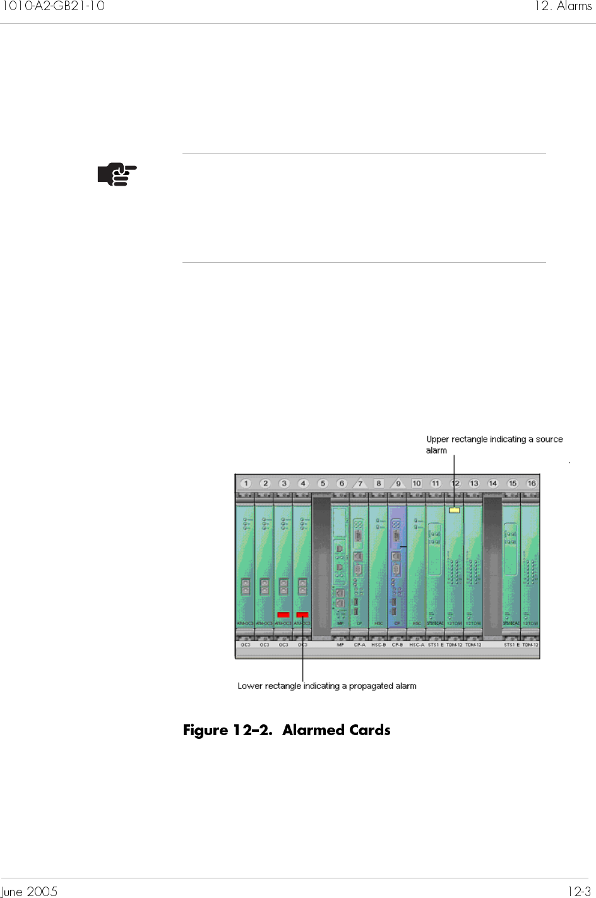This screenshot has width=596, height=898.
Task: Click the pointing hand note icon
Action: click(x=117, y=174)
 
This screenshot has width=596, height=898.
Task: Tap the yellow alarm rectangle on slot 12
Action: click(x=454, y=510)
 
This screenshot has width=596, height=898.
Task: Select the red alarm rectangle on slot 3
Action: click(x=283, y=614)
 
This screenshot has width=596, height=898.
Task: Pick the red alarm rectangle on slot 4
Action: click(x=302, y=614)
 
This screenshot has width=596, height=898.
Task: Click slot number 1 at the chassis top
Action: click(x=246, y=484)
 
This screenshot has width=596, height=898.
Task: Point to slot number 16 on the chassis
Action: click(x=532, y=484)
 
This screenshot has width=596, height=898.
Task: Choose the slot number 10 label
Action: click(x=417, y=484)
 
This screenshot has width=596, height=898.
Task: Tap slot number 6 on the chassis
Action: click(x=342, y=484)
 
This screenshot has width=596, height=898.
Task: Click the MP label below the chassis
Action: click(x=340, y=645)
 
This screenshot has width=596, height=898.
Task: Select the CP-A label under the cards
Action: click(x=359, y=645)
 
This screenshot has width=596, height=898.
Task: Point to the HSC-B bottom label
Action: click(x=378, y=645)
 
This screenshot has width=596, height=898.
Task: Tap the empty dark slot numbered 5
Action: click(x=322, y=565)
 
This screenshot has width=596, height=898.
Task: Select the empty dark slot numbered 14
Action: click(x=492, y=565)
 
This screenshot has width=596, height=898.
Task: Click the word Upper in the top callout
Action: click(x=438, y=440)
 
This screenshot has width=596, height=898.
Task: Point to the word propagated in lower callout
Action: click(x=371, y=686)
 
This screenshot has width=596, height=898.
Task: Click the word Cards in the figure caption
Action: click(x=370, y=730)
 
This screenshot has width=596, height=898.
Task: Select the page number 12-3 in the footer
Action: click(x=579, y=891)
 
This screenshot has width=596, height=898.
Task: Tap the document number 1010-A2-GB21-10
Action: click(x=53, y=6)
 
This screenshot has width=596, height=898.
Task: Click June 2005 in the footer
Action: click(x=29, y=891)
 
